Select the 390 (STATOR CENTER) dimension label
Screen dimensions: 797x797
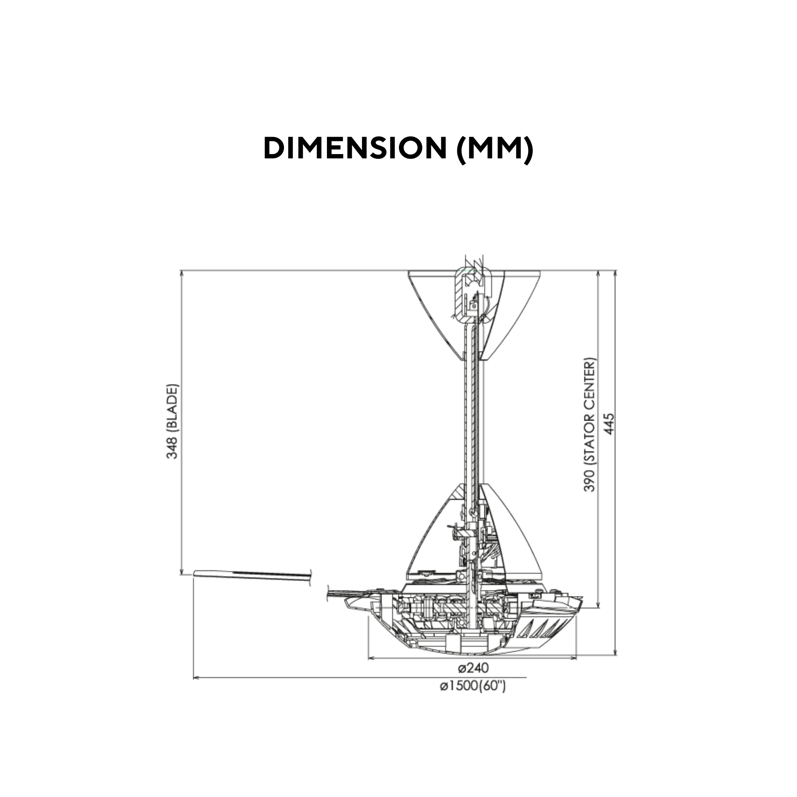point(590,425)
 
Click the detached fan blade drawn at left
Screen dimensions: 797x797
point(252,575)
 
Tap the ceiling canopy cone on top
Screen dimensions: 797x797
point(437,314)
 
